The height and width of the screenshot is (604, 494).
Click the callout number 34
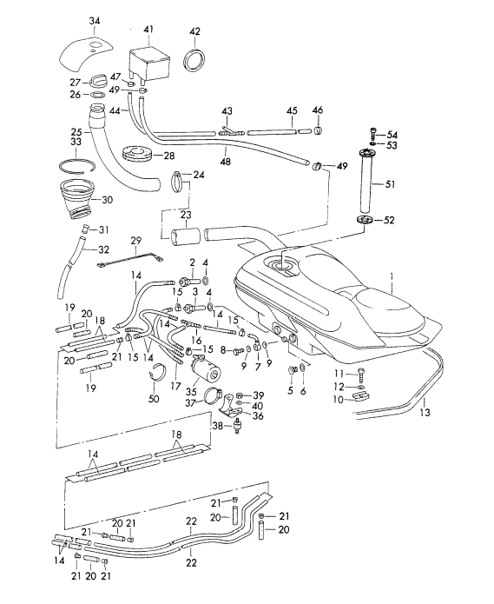pyautogui.click(x=95, y=20)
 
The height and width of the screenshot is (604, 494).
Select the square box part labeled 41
pyautogui.click(x=148, y=64)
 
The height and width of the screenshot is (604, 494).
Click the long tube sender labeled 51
pyautogui.click(x=367, y=181)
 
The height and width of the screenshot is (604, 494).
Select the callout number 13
pyautogui.click(x=425, y=413)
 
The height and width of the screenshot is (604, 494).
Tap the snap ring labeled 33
pyautogui.click(x=78, y=166)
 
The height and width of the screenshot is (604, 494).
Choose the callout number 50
pyautogui.click(x=154, y=398)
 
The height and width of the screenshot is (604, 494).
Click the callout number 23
pyautogui.click(x=186, y=214)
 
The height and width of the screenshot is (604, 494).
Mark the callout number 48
pyautogui.click(x=226, y=161)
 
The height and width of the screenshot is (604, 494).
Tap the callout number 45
pyautogui.click(x=292, y=110)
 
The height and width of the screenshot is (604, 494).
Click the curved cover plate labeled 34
pyautogui.click(x=85, y=55)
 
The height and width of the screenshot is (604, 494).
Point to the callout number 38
pyautogui.click(x=217, y=426)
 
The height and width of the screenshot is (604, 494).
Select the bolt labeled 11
pyautogui.click(x=360, y=375)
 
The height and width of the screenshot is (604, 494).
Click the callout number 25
pyautogui.click(x=76, y=132)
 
